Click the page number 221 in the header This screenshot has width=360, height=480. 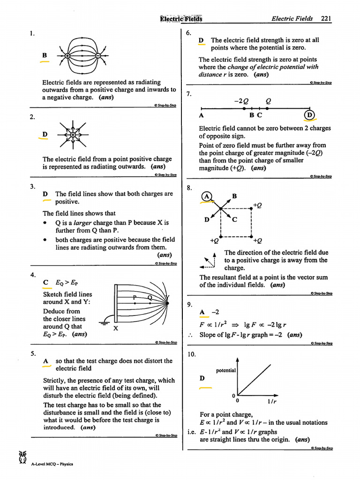326,19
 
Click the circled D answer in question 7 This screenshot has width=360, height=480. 309,115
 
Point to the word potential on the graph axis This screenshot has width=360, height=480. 225,370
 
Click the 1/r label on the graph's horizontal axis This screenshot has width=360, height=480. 271,401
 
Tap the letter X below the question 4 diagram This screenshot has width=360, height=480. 115,329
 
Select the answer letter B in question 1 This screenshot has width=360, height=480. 45,55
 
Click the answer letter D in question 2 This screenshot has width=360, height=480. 45,135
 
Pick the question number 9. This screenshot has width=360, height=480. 189,305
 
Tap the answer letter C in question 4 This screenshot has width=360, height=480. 45,282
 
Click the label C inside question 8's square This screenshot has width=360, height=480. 235,219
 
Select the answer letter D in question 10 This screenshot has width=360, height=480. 202,378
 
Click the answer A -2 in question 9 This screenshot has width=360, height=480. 209,312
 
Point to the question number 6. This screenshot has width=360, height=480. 188,33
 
